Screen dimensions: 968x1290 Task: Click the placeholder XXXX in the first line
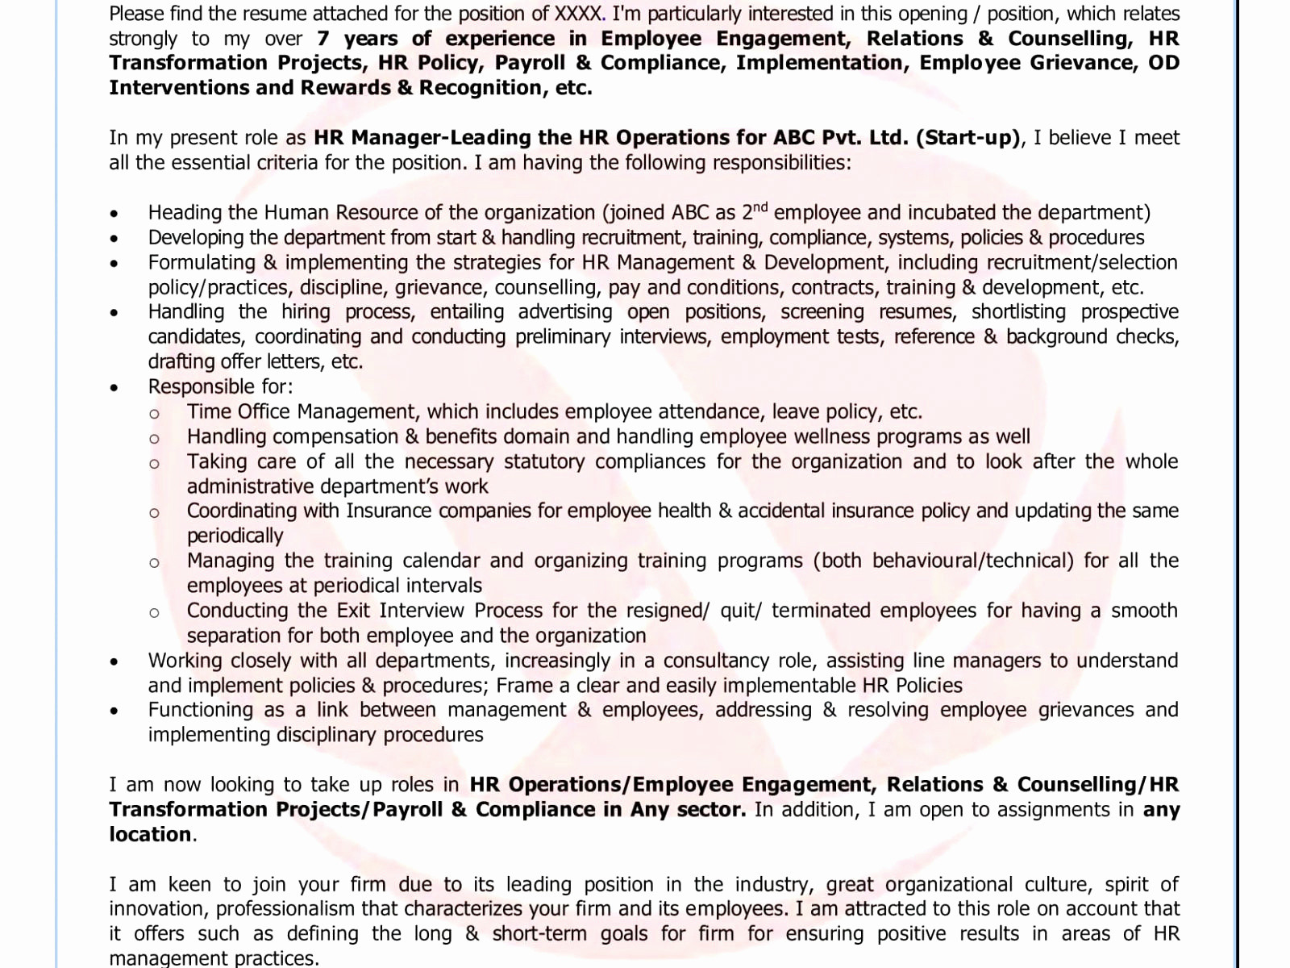pos(577,14)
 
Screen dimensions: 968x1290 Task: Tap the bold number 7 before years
pos(323,39)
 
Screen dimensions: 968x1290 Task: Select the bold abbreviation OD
pos(1163,63)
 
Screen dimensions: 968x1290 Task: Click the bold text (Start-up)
pos(967,138)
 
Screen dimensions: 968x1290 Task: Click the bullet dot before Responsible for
pos(114,388)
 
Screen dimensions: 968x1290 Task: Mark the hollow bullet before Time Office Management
pos(154,414)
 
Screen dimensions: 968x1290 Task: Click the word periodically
pos(235,536)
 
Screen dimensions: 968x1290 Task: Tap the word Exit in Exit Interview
pos(354,611)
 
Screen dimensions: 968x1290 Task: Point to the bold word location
pos(151,835)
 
